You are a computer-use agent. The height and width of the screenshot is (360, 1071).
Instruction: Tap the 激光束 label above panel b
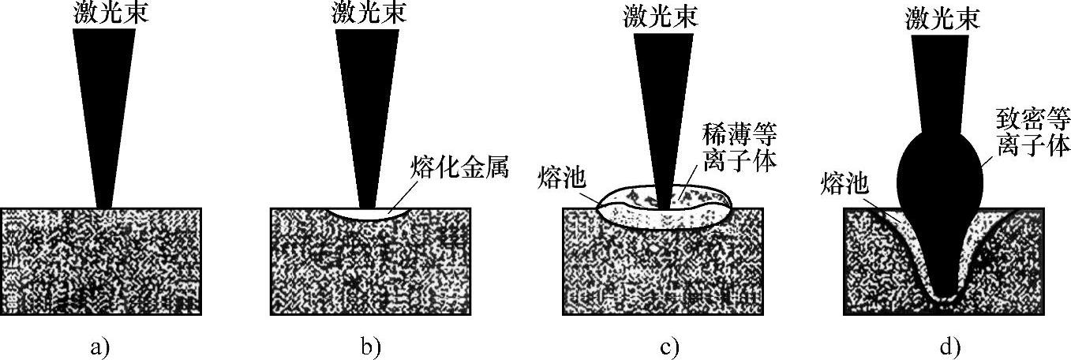click(x=365, y=14)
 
